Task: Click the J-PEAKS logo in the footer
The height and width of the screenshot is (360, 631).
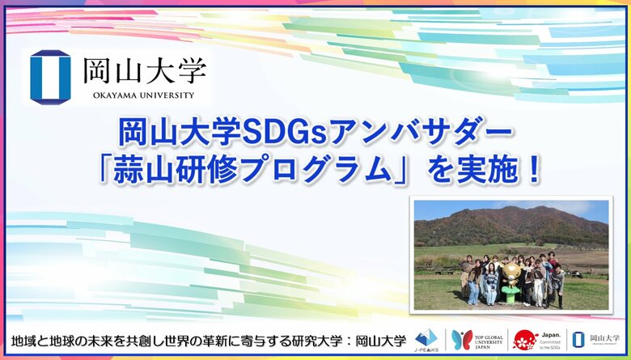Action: coord(426,339)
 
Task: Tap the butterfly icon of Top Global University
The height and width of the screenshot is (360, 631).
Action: coord(462,338)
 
